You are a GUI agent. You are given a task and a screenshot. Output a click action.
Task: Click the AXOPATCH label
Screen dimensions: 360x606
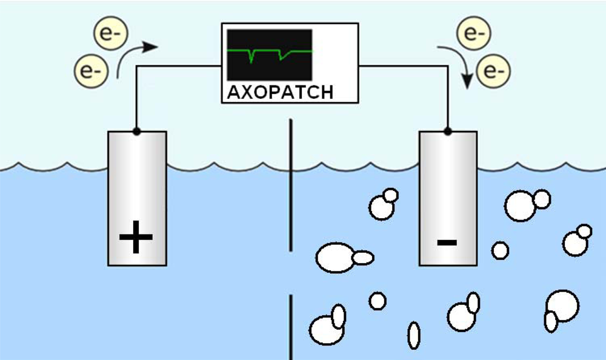click(280, 92)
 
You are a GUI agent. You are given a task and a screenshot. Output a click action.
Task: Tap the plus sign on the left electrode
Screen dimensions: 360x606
click(136, 237)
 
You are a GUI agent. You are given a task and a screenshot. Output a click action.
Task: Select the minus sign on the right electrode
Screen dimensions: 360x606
click(447, 242)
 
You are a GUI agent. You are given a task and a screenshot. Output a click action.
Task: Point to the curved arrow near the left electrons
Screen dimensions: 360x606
click(137, 55)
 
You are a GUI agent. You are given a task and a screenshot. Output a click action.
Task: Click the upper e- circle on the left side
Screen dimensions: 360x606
click(108, 35)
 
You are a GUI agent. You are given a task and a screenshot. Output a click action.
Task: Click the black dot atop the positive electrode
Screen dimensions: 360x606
click(136, 131)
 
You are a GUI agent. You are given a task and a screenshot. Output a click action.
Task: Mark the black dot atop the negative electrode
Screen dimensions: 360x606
click(448, 131)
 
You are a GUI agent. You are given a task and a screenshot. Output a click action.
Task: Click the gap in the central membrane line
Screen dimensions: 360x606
click(291, 273)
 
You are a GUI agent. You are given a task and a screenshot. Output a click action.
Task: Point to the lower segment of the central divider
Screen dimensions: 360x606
click(291, 327)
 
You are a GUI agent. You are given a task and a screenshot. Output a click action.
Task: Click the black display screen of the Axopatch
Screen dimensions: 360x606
click(269, 55)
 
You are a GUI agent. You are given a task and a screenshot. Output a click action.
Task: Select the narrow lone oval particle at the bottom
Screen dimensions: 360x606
click(414, 335)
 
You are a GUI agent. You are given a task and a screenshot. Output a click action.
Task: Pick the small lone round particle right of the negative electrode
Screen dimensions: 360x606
click(500, 250)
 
